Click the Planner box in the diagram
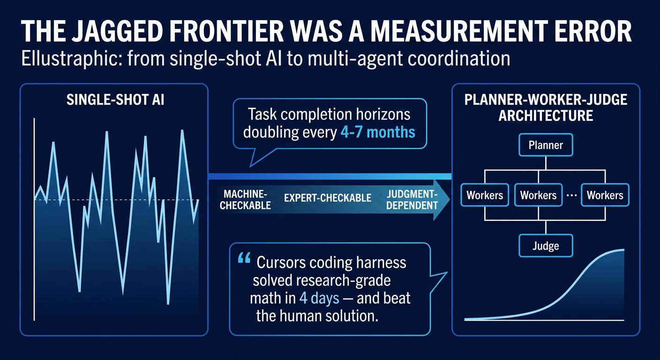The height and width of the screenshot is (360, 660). coord(546,145)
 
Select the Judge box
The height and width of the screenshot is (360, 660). coord(546,245)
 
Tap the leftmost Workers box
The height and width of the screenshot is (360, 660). coord(485,195)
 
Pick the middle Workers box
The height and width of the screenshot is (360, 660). coord(538,195)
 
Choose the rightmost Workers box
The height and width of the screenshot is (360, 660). coord(605,195)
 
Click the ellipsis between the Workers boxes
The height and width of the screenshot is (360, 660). coord(571,195)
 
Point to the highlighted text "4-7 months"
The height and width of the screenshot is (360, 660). coord(377,132)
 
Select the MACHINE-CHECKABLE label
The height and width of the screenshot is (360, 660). coord(245,199)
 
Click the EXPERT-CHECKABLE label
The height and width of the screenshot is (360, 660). coord(328,198)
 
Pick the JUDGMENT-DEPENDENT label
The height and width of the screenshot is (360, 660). coord(412,199)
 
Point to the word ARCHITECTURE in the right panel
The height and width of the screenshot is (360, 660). coord(546,115)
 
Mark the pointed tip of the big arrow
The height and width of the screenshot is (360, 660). coord(449,199)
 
